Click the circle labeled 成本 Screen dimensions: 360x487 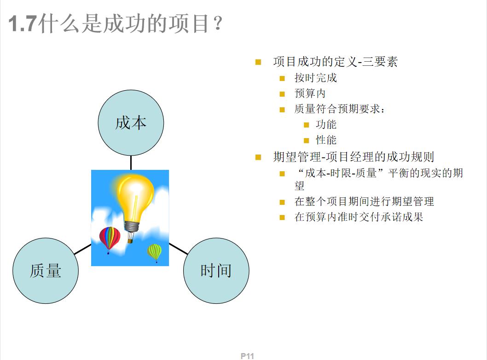click(131, 123)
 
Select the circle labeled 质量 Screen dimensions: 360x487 click(46, 270)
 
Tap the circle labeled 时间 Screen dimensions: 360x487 click(216, 270)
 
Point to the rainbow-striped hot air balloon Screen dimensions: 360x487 click(110, 238)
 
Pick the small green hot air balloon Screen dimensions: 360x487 click(155, 252)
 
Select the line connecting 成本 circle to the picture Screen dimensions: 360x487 click(131, 163)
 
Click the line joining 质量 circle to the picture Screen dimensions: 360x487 click(83, 249)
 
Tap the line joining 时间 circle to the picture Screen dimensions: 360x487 click(178, 249)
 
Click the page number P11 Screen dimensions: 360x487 click(247, 356)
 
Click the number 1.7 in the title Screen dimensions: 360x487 click(23, 24)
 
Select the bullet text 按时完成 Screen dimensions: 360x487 click(316, 78)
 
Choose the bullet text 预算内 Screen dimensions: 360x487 click(310, 93)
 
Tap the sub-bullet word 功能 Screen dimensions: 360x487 click(326, 124)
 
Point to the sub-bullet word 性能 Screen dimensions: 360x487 click(326, 140)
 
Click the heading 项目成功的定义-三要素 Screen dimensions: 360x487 click(335, 62)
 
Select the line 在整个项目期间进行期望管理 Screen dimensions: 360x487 click(364, 201)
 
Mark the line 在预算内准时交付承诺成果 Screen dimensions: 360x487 click(359, 217)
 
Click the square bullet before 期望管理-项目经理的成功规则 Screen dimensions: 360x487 click(258, 157)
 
